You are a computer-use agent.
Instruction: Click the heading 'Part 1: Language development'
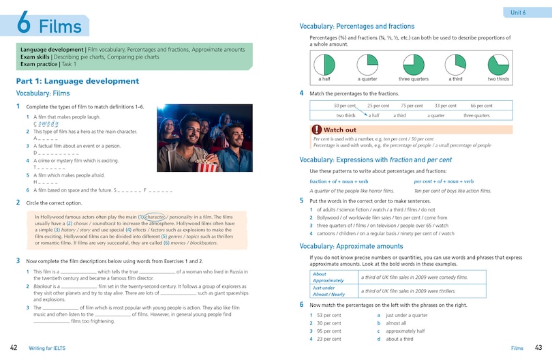click(77, 81)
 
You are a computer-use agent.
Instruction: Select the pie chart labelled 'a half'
click(325, 65)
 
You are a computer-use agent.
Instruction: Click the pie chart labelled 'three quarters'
click(414, 65)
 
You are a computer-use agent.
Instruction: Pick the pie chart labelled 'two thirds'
click(498, 65)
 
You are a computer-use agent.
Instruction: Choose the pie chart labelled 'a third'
click(455, 65)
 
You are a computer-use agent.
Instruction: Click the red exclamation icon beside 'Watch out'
click(316, 129)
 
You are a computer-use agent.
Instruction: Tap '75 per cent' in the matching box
click(412, 106)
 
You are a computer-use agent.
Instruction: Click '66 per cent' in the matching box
click(481, 106)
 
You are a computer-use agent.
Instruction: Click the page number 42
click(14, 348)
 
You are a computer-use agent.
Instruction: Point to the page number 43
click(538, 348)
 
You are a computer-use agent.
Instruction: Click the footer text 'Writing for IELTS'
click(53, 348)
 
